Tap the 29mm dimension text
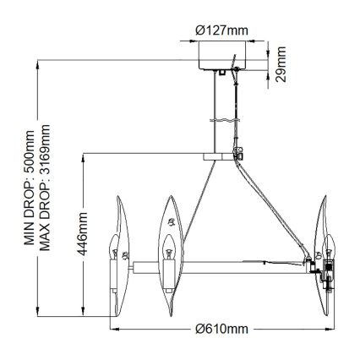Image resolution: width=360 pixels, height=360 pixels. [x=281, y=60]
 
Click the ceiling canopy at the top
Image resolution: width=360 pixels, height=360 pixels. [x=221, y=59]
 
